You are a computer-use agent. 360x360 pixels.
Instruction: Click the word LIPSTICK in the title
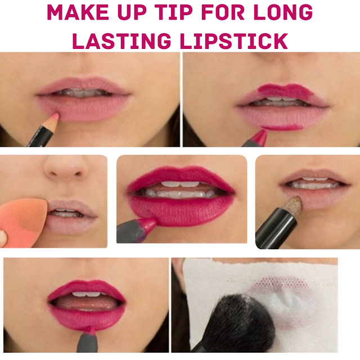[x=233, y=41]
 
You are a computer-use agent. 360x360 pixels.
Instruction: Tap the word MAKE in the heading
[x=78, y=12]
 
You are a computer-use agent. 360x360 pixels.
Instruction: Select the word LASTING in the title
[x=121, y=41]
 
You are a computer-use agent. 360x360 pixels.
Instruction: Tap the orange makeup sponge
[x=23, y=222]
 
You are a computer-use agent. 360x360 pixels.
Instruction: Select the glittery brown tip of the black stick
[x=291, y=205]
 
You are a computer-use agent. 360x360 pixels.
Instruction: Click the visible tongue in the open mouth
[x=87, y=303]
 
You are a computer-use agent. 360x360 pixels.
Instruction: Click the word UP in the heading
[x=132, y=12]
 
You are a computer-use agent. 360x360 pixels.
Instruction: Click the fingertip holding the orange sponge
[x=3, y=238]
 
